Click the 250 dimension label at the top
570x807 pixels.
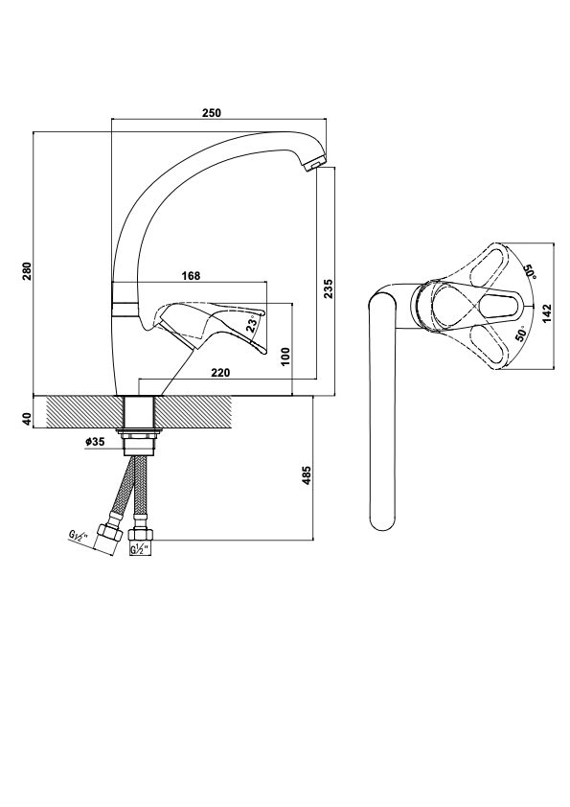point(212,113)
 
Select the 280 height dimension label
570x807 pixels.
point(27,270)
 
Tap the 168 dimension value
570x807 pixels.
point(191,276)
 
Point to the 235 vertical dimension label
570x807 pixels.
point(329,288)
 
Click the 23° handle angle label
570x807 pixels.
point(252,325)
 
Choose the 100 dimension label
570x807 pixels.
point(286,357)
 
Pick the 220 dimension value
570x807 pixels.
point(220,373)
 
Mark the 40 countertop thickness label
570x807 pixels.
point(27,419)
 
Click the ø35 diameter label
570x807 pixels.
point(95,441)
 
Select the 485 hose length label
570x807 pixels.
point(307,476)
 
